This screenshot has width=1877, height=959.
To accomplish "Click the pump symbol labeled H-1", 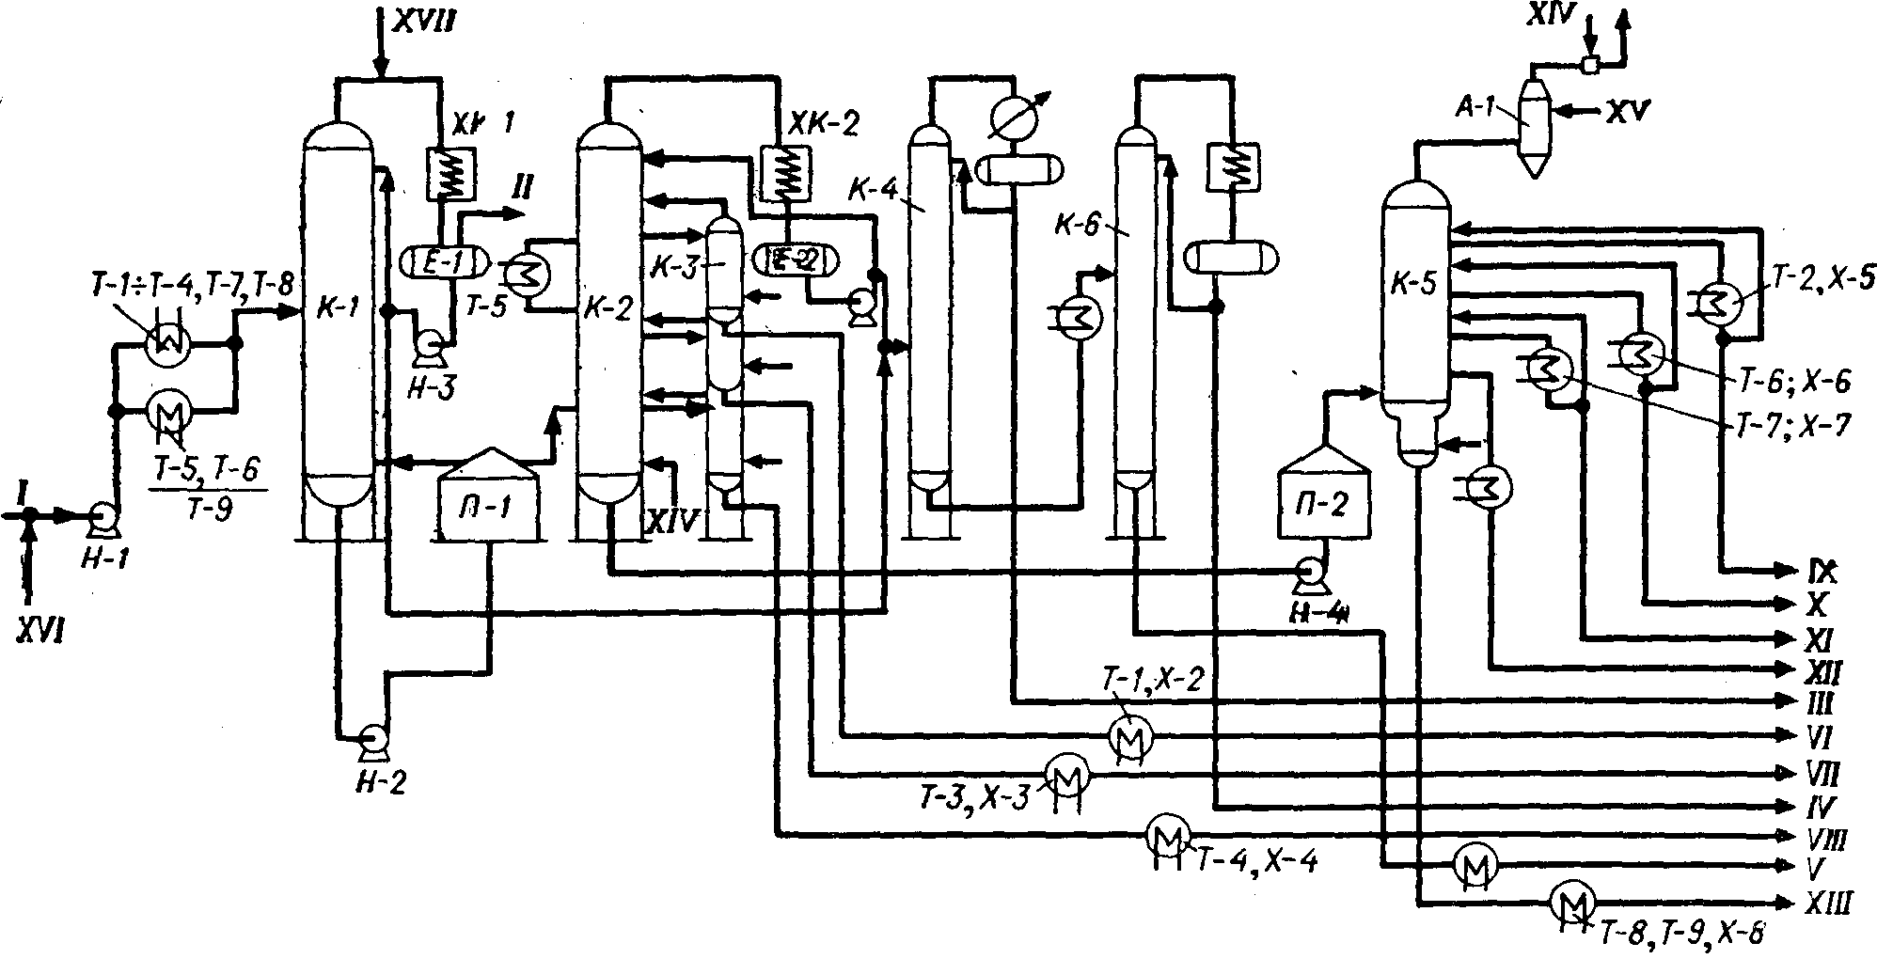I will point(99,515).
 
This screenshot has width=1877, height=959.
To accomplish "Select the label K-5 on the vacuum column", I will point(1414,284).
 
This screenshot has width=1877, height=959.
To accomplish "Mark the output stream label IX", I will point(1821,571).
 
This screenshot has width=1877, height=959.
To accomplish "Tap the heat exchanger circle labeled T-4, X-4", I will point(1167,834).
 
